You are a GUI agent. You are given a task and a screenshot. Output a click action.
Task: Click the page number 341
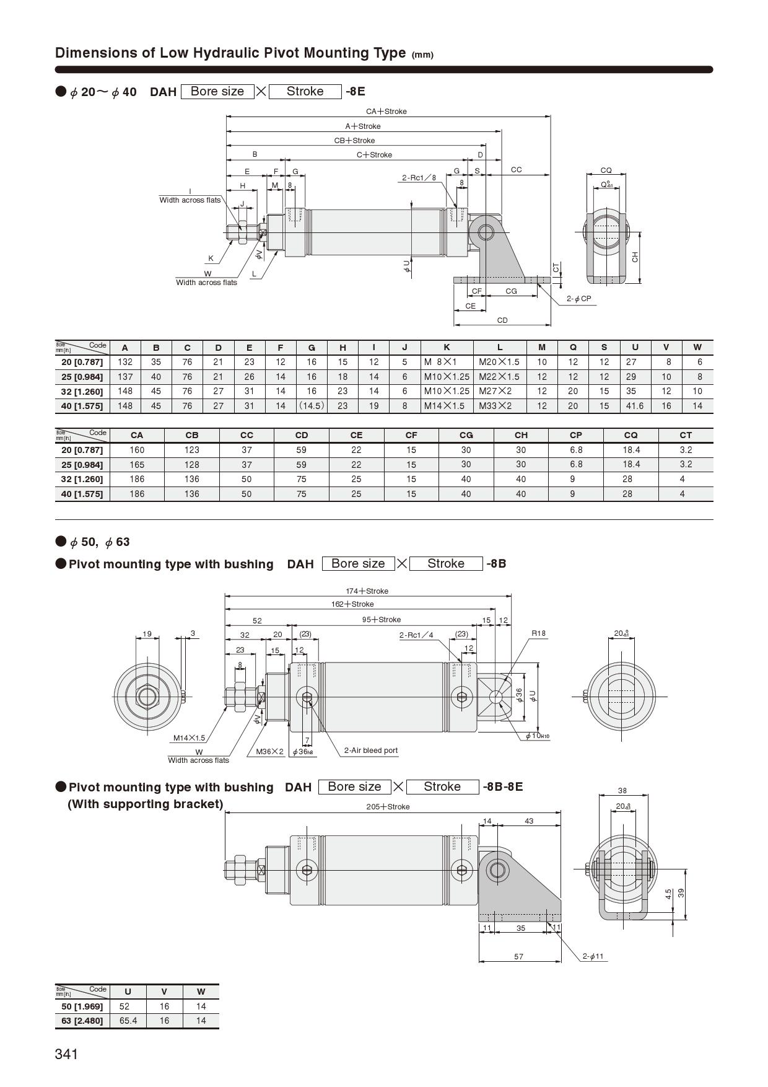pos(66,1054)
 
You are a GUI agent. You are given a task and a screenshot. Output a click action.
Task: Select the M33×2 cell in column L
pos(495,406)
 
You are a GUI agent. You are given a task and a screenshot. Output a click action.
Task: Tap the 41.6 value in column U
pos(635,406)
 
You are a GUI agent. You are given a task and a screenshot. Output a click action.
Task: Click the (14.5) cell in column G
pos(312,406)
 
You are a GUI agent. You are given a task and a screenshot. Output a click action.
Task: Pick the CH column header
pos(521,435)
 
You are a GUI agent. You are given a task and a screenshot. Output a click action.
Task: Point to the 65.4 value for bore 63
pos(128,1021)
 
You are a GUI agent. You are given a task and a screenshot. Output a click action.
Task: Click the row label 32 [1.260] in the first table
pos(82,392)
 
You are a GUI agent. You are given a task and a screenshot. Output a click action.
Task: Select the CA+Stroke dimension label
pos(386,112)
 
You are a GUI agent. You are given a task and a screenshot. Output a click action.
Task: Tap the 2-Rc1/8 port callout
pos(419,178)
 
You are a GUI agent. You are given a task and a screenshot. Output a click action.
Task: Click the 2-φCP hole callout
pos(579,299)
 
